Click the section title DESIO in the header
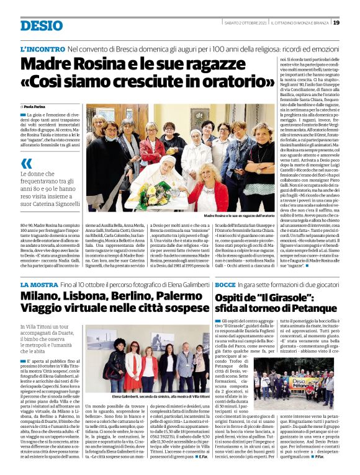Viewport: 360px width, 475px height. pos(42,25)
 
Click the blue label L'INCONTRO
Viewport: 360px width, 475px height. pos(42,48)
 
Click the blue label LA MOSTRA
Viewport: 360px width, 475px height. pos(38,283)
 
